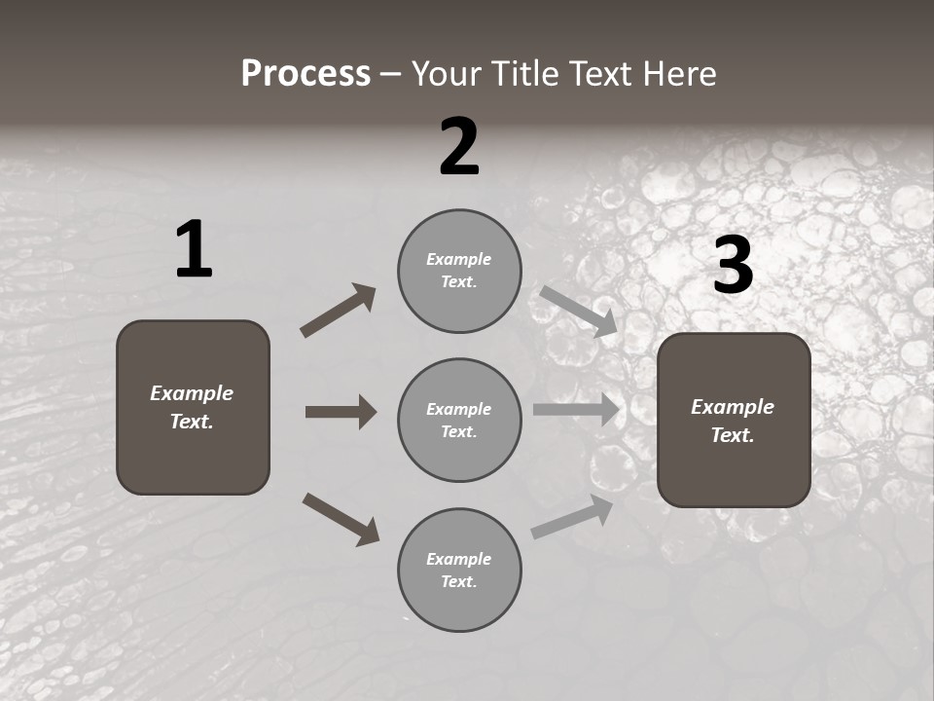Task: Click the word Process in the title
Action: (305, 74)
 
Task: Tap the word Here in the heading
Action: (677, 74)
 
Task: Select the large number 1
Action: (194, 249)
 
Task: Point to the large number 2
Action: (459, 147)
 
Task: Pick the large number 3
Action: (734, 265)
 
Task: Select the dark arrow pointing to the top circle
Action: (339, 310)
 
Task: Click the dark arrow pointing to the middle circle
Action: (341, 412)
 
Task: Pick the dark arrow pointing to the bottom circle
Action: (341, 519)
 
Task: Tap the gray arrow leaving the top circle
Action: (579, 311)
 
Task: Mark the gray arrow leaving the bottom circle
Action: (572, 517)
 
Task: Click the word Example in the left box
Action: (192, 393)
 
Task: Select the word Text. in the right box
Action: (733, 435)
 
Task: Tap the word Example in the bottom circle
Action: (458, 559)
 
